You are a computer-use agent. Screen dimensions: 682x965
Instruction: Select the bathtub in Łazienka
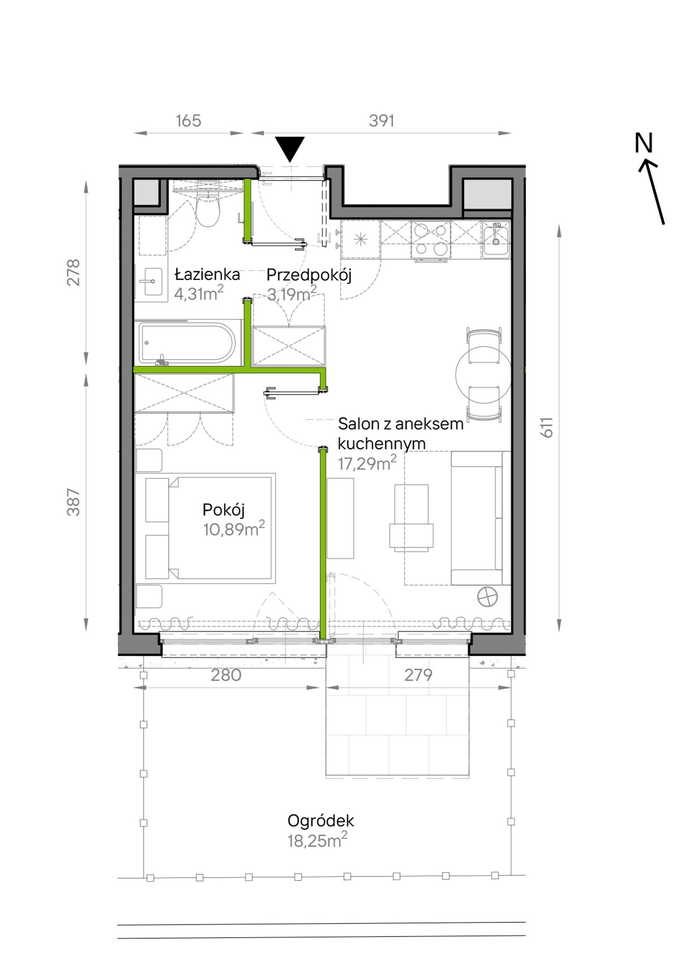point(188,343)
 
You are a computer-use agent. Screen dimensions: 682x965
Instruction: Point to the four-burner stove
point(430,240)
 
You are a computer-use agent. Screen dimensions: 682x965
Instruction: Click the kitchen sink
point(496,239)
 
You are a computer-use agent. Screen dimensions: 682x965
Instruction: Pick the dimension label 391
point(382,121)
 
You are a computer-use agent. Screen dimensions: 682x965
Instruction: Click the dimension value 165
point(188,121)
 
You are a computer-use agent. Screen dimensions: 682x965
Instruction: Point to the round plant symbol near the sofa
point(488,596)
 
